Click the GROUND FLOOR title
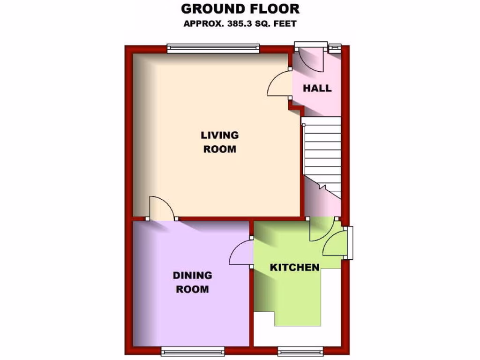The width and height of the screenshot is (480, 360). [x=240, y=8]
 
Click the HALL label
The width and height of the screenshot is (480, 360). [x=317, y=88]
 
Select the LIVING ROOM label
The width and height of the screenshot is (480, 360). [x=219, y=142]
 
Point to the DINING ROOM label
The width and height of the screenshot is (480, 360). [x=192, y=282]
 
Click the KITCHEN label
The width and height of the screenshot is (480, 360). [x=294, y=267]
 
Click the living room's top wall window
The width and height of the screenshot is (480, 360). [x=213, y=48]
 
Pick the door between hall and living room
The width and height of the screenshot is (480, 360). [x=280, y=84]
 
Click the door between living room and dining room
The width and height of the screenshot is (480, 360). [x=161, y=209]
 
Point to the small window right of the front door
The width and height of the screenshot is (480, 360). [x=335, y=47]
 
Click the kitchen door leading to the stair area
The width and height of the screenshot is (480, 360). [x=321, y=228]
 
